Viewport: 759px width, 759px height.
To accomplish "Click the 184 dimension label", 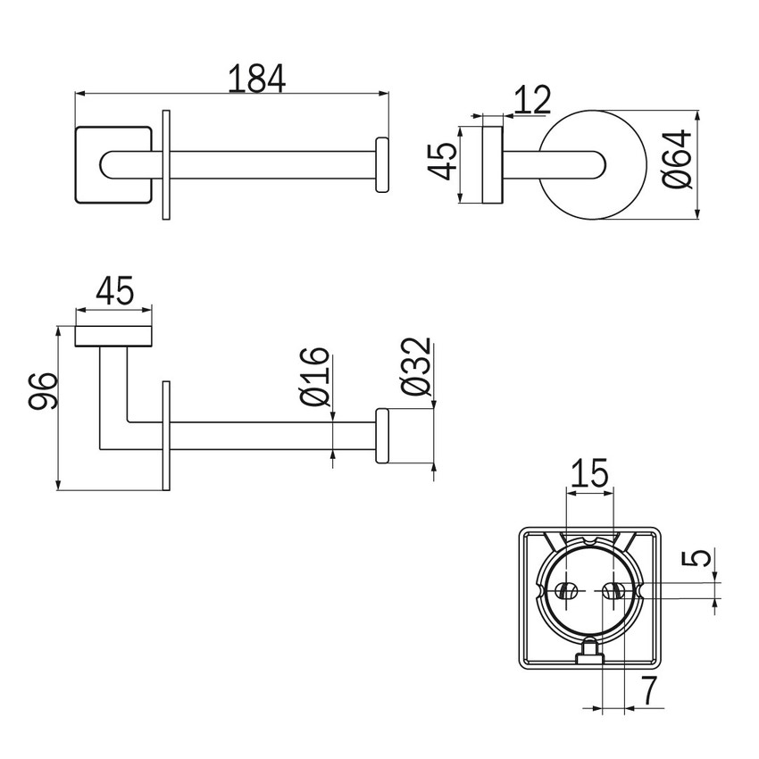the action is (x=256, y=79).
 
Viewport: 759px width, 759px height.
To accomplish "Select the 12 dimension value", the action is (x=532, y=100).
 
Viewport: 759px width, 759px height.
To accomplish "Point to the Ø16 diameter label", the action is (x=314, y=377).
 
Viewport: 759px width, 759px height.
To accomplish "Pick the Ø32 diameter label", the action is (x=416, y=366).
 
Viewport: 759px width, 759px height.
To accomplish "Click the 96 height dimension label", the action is (x=44, y=391).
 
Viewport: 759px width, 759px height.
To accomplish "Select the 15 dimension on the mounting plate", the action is (x=589, y=473).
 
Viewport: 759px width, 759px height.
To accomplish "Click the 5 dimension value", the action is (x=697, y=558).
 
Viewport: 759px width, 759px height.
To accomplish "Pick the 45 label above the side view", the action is (x=114, y=291).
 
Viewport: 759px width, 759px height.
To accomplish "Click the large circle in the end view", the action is (x=592, y=165).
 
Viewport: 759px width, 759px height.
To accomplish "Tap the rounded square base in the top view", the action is (x=113, y=164).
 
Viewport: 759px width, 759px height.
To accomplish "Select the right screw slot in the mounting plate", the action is (x=613, y=591).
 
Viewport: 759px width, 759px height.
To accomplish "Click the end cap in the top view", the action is (x=382, y=164).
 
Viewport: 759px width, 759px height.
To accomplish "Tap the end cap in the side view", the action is (x=382, y=436).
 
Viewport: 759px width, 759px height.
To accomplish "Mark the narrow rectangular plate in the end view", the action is (x=493, y=165).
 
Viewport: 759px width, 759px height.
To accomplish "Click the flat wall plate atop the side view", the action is (x=113, y=337).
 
